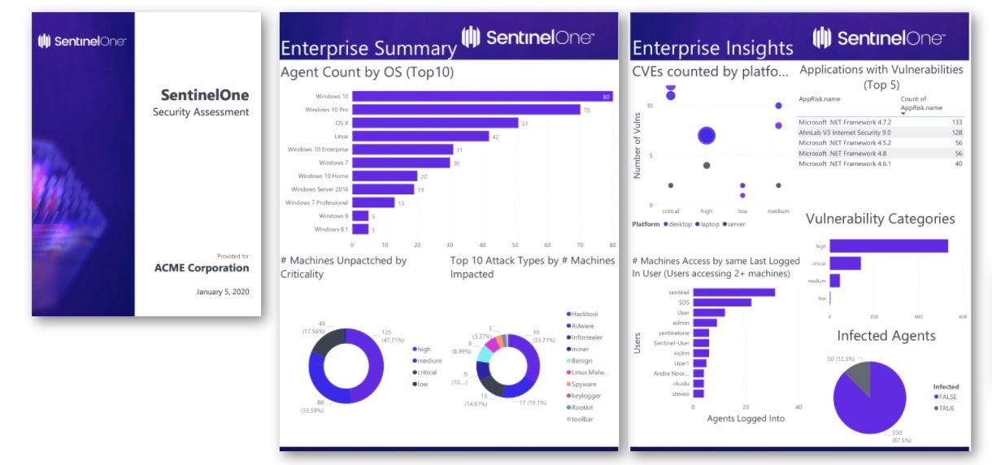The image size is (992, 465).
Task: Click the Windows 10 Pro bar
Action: coord(466,110)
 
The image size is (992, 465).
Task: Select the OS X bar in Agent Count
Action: coord(435,123)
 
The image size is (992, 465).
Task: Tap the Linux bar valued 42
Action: coord(420,136)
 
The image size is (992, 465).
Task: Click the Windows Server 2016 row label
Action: coord(320,189)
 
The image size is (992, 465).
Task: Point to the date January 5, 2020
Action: coord(222,291)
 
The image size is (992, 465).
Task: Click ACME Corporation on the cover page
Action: coord(202,268)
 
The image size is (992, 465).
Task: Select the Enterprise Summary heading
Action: coord(368,48)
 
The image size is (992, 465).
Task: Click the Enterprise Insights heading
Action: coord(712,48)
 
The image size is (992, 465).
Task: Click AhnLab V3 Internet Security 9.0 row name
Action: coord(844,132)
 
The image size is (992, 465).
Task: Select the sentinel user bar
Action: coord(733,293)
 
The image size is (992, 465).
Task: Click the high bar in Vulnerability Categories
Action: coord(889,246)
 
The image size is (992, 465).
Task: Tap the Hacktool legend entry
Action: coord(583,313)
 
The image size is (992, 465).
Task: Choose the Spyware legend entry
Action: coord(583,384)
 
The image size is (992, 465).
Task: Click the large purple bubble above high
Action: coord(707,135)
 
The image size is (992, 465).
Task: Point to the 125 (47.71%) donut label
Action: coord(393,337)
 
